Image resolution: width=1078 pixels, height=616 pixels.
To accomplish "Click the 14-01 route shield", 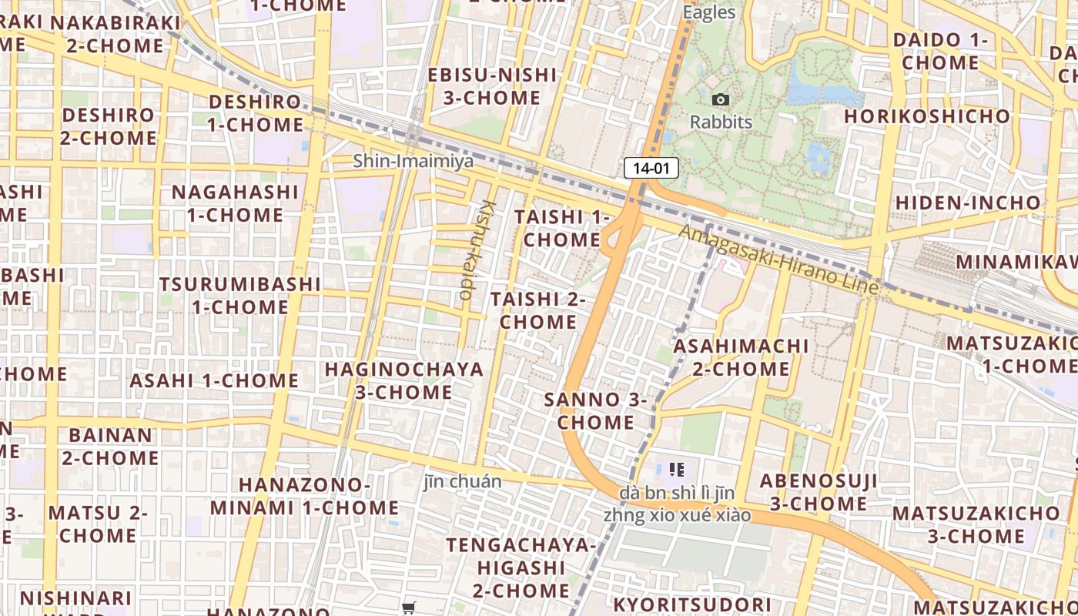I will point(651,168).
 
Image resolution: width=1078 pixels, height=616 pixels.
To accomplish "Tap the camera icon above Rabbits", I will point(721,99).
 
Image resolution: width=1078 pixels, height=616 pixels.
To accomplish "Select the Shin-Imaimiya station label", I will point(413,161).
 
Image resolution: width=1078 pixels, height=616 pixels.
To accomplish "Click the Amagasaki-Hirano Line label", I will point(778,259).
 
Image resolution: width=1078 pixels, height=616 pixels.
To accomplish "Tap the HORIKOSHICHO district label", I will point(927,116).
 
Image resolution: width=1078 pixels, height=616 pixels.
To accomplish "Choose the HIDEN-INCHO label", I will point(968,203).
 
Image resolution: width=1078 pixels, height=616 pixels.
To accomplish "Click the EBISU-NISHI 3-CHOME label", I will point(492,86).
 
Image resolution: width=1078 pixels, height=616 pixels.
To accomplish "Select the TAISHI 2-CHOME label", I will point(538,310).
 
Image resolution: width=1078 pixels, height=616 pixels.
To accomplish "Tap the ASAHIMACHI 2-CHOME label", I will point(741,357).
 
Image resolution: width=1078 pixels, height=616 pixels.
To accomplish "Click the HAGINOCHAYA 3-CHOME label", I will point(404,380).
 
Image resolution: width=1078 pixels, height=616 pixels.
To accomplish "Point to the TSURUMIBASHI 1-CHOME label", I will point(240,295).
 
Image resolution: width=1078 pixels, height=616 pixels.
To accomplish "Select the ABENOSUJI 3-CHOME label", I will point(819,493).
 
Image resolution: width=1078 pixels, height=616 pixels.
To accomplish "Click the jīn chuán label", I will point(463,482).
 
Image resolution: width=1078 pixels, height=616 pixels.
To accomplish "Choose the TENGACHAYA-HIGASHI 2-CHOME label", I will point(521,567).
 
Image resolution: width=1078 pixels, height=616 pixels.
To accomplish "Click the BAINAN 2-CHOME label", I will point(111,447).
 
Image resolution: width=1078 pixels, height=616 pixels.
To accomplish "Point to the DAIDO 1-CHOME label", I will point(940,51).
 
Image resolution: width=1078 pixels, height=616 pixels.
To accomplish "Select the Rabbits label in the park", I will point(721,122).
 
